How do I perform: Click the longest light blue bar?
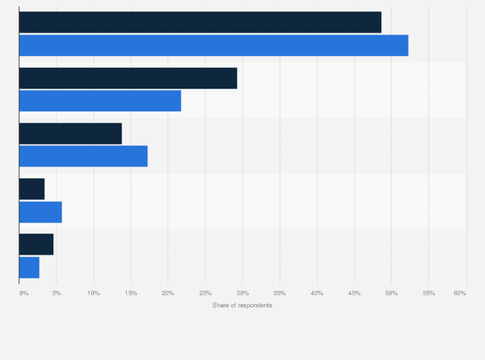[214, 46]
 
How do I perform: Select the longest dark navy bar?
[200, 22]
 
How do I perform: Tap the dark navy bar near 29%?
[128, 78]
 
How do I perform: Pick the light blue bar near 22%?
[100, 101]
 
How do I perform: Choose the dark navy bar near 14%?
[70, 133]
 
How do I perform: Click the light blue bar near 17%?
[83, 156]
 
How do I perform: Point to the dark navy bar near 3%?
[32, 189]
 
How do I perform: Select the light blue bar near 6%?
[41, 212]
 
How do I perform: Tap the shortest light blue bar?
[29, 267]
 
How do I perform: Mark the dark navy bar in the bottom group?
[36, 244]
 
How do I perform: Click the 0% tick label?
[24, 293]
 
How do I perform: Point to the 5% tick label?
[57, 293]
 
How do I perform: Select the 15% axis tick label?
[131, 293]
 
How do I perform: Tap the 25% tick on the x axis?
[205, 293]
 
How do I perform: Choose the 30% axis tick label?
[243, 293]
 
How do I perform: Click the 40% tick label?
[317, 293]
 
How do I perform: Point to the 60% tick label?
[459, 293]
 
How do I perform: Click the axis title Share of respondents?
[243, 305]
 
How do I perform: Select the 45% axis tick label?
[354, 293]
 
